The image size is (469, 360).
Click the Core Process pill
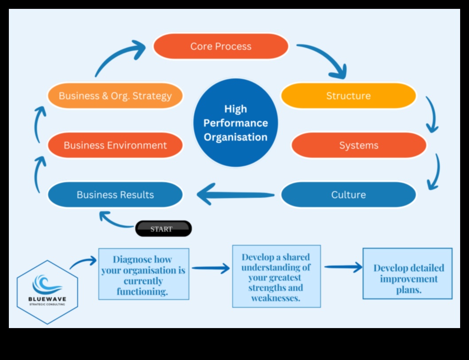221,47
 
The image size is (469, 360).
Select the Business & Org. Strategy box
115,96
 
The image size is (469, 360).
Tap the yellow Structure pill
348,96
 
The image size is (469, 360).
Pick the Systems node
359,145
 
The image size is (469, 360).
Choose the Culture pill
348,195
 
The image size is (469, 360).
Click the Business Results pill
115,195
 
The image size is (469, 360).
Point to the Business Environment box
115,145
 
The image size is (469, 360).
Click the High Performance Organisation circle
235,123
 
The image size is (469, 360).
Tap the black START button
163,229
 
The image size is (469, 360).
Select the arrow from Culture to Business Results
235,195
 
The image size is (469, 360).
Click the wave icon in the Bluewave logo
47,284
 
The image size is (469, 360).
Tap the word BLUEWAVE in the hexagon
47,299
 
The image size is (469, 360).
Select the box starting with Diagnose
144,274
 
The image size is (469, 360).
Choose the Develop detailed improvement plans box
407,274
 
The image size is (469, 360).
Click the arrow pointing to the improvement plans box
343,267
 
